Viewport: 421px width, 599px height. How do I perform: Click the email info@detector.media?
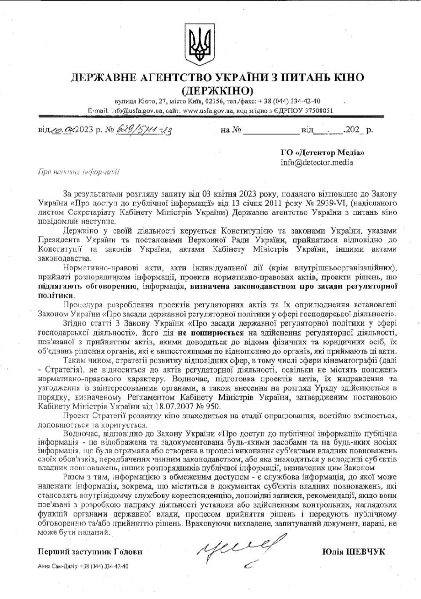pyautogui.click(x=317, y=162)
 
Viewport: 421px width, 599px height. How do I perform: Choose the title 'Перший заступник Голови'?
pyautogui.click(x=89, y=552)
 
